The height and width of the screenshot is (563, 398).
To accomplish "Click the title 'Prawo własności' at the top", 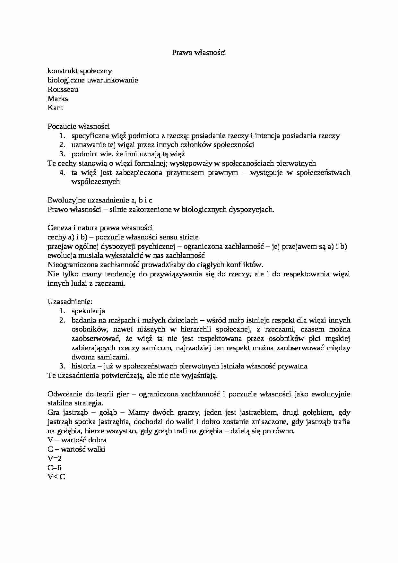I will click(x=199, y=53).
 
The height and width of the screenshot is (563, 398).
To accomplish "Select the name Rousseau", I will click(x=63, y=90).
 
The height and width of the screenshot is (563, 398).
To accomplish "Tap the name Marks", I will click(x=58, y=99).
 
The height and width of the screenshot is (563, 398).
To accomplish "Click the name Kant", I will click(x=56, y=108).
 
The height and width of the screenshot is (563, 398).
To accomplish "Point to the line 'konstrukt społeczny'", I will click(x=80, y=71).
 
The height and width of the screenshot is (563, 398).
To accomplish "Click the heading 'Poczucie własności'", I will click(x=79, y=126).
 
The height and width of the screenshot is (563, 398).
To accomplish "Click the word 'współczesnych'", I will click(x=96, y=182).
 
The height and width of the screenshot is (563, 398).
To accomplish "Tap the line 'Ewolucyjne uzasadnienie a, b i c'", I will click(x=100, y=200).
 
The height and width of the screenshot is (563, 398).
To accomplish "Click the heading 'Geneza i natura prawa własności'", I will click(x=100, y=228).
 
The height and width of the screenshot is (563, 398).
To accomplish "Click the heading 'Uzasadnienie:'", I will click(x=70, y=302).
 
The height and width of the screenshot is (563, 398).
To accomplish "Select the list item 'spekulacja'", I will click(x=88, y=311).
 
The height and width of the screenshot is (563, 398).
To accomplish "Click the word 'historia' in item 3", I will click(x=83, y=366).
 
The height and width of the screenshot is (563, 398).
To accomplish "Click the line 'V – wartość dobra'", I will click(x=77, y=440).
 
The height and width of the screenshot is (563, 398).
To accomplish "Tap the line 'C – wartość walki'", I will click(x=76, y=449).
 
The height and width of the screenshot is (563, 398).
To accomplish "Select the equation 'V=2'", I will click(x=54, y=459).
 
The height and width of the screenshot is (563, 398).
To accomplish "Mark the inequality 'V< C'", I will click(x=56, y=477).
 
